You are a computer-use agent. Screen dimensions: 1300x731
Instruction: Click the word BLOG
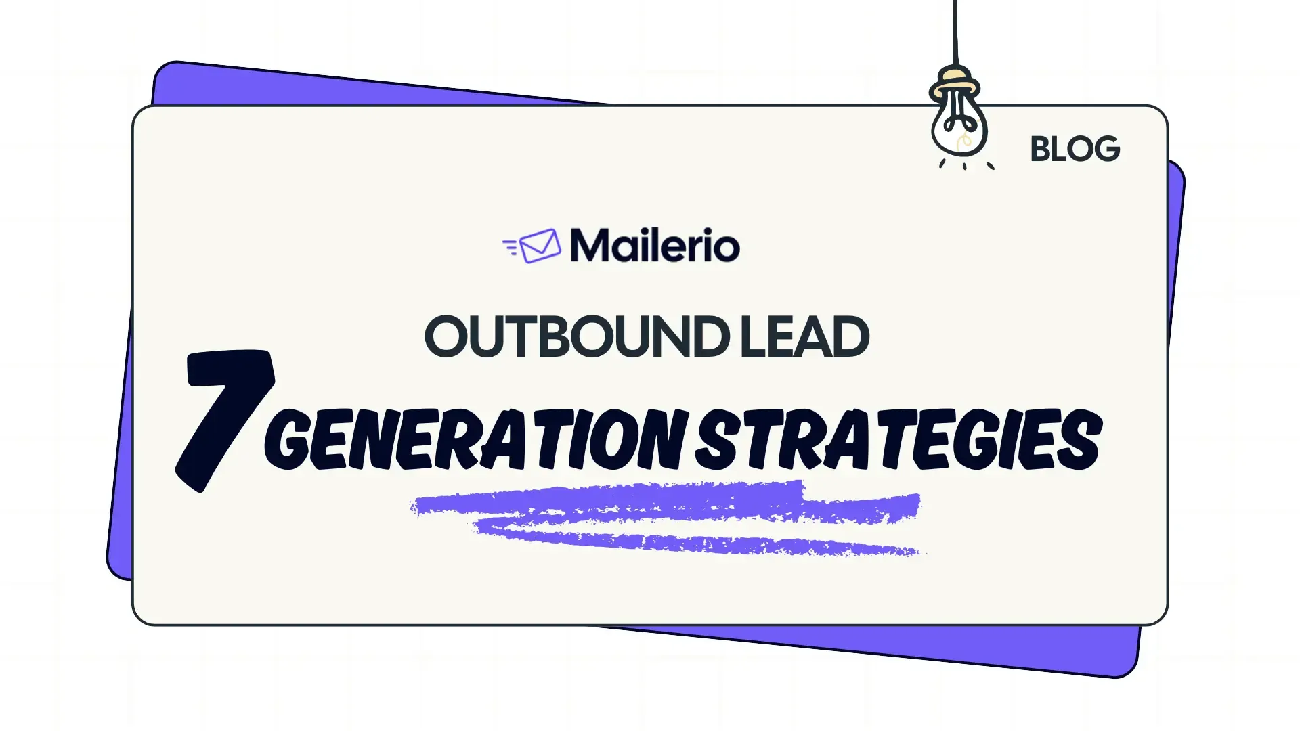point(1075,149)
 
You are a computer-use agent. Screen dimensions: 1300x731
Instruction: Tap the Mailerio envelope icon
point(540,246)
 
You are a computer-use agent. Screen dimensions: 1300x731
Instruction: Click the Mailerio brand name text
point(655,245)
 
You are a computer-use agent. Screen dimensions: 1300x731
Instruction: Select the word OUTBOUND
point(577,336)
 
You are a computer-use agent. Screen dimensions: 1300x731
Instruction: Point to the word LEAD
point(805,336)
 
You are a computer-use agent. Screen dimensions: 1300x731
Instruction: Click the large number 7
point(225,420)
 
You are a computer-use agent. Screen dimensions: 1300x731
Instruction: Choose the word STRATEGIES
point(899,439)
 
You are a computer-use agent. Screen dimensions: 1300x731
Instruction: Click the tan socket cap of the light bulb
point(955,83)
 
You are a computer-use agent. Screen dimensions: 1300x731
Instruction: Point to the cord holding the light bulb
point(955,32)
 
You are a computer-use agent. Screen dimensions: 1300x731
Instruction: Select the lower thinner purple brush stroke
point(697,539)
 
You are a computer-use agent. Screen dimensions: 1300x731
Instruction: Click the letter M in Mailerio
point(592,245)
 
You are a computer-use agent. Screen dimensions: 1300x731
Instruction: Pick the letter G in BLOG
point(1106,149)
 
